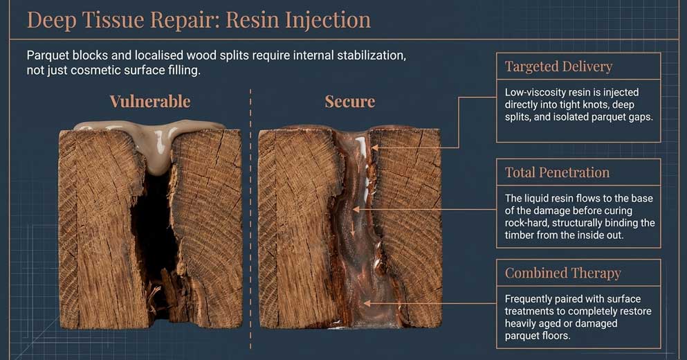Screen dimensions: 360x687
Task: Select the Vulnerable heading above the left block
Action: pyautogui.click(x=149, y=102)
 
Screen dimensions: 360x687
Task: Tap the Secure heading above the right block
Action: pyautogui.click(x=349, y=102)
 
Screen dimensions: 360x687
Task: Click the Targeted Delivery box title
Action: pyautogui.click(x=558, y=66)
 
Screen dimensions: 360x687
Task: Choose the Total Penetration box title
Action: pyautogui.click(x=557, y=172)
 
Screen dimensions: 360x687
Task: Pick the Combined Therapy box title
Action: pyautogui.click(x=562, y=272)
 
